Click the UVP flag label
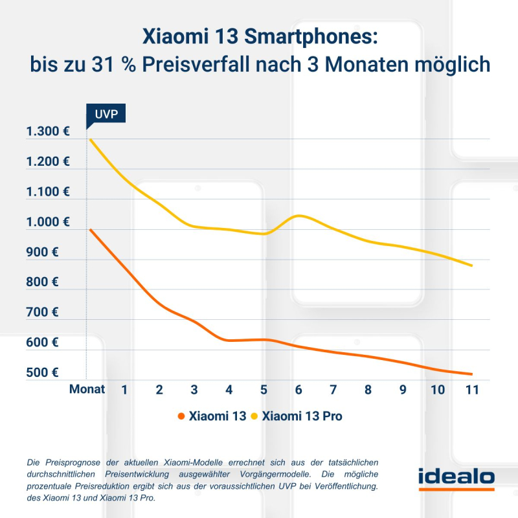pos(106,114)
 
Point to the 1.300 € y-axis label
pos(48,132)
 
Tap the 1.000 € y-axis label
pos(48,222)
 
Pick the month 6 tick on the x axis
pos(298,390)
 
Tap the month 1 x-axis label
pos(124,390)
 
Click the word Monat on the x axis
pos(86,390)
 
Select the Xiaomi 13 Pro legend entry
pos(302,416)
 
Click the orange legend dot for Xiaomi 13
pos(181,416)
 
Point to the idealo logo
pos(456,479)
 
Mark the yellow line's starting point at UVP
pos(90,140)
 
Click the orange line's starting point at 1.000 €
pos(90,229)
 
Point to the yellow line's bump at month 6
pos(298,216)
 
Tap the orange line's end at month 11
pos(471,374)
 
